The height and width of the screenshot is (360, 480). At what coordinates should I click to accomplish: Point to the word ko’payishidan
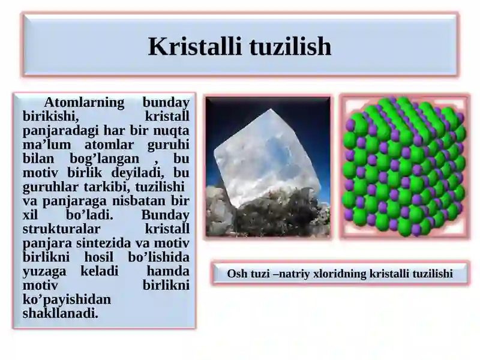(67, 299)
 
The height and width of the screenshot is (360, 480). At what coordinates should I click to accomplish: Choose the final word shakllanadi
(60, 313)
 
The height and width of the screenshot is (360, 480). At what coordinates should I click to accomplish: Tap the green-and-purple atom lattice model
(404, 167)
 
